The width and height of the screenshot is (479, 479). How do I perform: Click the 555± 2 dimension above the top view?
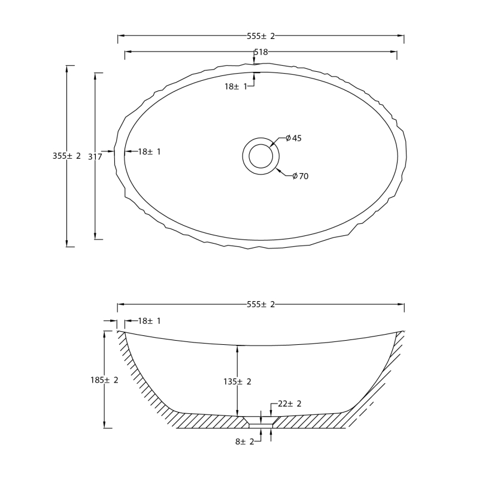coord(261,37)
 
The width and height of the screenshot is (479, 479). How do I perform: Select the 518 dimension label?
coord(261,52)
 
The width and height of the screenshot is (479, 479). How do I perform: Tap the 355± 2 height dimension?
coord(66,156)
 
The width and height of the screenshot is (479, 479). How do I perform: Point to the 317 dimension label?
coord(95,157)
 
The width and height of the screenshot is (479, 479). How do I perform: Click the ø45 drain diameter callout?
coord(293,138)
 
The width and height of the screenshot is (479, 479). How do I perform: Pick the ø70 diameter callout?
coord(301,176)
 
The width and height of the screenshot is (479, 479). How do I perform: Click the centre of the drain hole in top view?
coord(260,156)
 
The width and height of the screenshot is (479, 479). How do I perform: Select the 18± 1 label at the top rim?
coord(236,86)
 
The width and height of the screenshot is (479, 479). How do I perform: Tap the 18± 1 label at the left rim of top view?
coord(149,151)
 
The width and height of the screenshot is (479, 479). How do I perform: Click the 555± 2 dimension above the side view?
coord(261,305)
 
